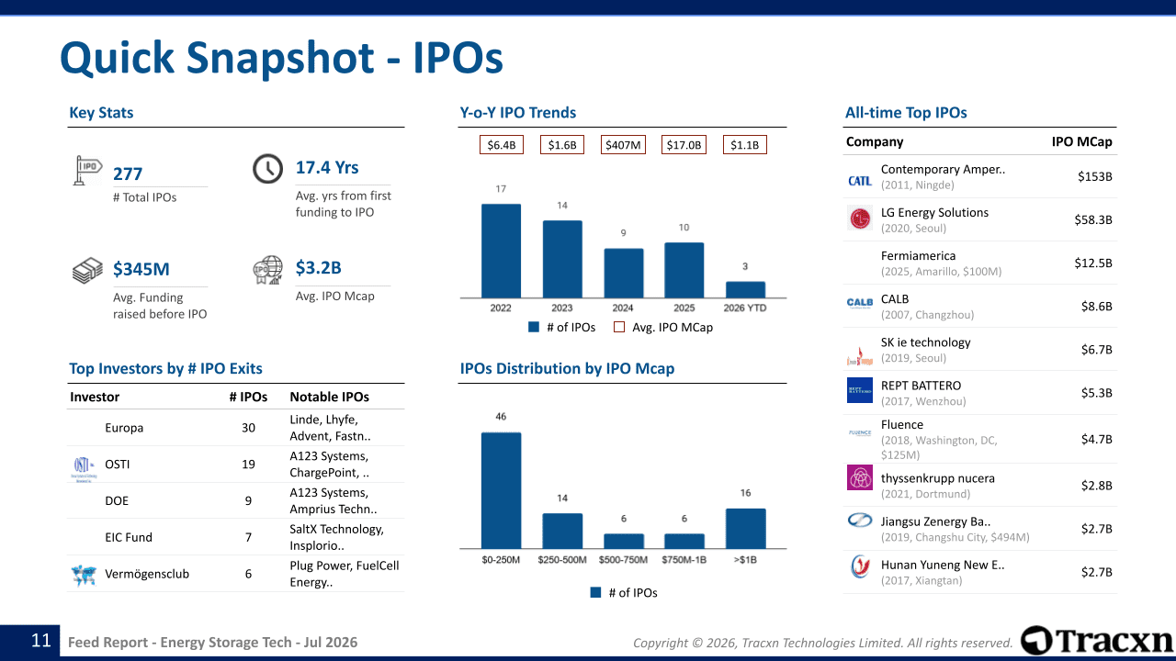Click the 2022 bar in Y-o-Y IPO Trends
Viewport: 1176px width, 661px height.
(x=501, y=251)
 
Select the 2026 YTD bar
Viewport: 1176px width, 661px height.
(x=745, y=289)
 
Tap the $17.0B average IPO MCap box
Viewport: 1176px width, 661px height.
(x=684, y=145)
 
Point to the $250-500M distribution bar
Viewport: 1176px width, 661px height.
(x=562, y=531)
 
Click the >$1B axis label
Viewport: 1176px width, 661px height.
(x=745, y=560)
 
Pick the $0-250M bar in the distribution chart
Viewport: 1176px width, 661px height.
(x=501, y=490)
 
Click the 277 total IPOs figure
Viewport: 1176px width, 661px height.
(x=128, y=174)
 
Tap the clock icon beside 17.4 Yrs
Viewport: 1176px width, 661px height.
(x=267, y=168)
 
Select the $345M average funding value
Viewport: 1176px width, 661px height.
(x=141, y=269)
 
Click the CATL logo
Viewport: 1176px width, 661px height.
(x=860, y=181)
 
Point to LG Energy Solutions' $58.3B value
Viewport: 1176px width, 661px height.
(x=1093, y=219)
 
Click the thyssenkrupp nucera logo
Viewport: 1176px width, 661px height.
(x=860, y=477)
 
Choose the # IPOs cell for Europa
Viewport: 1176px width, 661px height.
(x=248, y=428)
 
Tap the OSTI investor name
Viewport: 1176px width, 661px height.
(x=117, y=465)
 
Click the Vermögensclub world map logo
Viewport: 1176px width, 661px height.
(x=84, y=575)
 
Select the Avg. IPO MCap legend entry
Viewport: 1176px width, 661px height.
(x=663, y=328)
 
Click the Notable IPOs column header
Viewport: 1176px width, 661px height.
(x=329, y=397)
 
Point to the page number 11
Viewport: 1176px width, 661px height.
(x=41, y=640)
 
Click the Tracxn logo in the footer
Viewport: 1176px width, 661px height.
(x=1096, y=640)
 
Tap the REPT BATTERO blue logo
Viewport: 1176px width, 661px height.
(x=860, y=390)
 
